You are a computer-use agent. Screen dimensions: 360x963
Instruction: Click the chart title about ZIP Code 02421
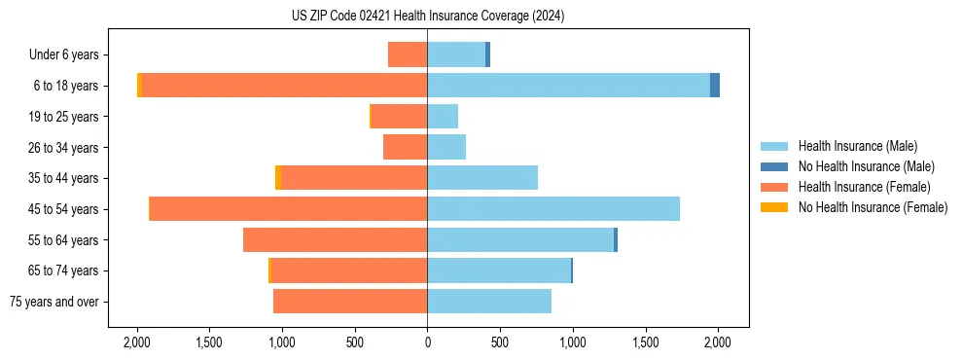pyautogui.click(x=427, y=17)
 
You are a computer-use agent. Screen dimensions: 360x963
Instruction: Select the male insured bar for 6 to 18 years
pyautogui.click(x=568, y=86)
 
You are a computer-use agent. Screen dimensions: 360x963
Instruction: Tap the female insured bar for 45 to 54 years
pyautogui.click(x=289, y=209)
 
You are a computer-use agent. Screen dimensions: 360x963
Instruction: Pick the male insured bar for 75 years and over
pyautogui.click(x=489, y=302)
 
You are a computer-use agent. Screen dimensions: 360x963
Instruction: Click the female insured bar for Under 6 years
pyautogui.click(x=408, y=54)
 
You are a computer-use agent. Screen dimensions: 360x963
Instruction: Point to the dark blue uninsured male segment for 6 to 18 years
pyautogui.click(x=715, y=86)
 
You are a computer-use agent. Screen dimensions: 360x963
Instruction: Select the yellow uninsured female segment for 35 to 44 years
pyautogui.click(x=278, y=178)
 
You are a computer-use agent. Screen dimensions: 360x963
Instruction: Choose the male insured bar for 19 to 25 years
pyautogui.click(x=443, y=117)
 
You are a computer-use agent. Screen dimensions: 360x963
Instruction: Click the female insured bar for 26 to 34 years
pyautogui.click(x=406, y=147)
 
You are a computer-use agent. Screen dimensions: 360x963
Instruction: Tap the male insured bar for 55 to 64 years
pyautogui.click(x=520, y=239)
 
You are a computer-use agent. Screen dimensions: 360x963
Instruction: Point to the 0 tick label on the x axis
pyautogui.click(x=427, y=342)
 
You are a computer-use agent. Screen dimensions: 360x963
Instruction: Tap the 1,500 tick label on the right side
pyautogui.click(x=645, y=342)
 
